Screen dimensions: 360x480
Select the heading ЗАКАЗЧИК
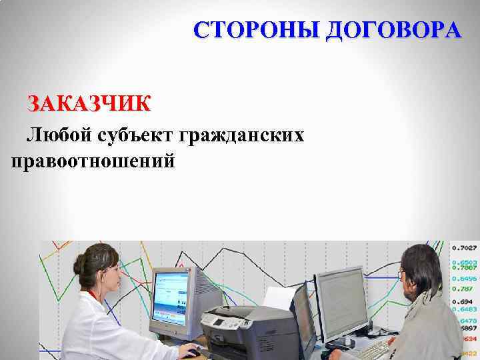click(89, 104)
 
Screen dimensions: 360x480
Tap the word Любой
click(57, 135)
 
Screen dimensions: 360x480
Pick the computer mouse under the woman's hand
click(191, 353)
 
